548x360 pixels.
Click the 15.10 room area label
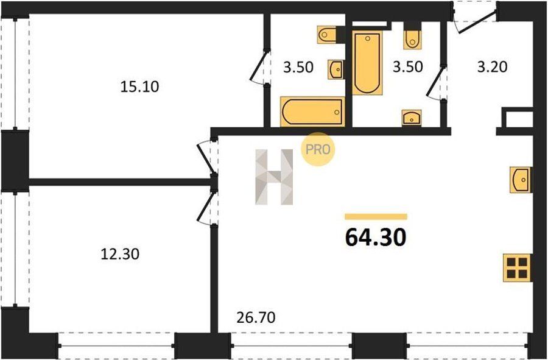point(139,86)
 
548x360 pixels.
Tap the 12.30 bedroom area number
point(120,254)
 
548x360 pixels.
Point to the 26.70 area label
point(256,317)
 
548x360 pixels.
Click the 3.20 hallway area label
point(492,67)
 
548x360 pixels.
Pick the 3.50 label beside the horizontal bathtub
point(298,67)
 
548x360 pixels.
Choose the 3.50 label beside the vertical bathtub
point(408,67)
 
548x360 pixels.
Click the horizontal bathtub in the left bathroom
point(312,112)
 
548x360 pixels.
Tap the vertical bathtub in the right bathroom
point(367,63)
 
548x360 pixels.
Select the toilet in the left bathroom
point(327,35)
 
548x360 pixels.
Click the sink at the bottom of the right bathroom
point(412,118)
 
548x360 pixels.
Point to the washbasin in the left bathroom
point(335,69)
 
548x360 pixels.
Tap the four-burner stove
point(517,268)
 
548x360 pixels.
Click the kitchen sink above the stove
point(521,180)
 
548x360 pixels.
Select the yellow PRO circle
point(318,149)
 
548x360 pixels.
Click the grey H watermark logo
point(275,177)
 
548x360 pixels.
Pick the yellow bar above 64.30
point(376,217)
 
